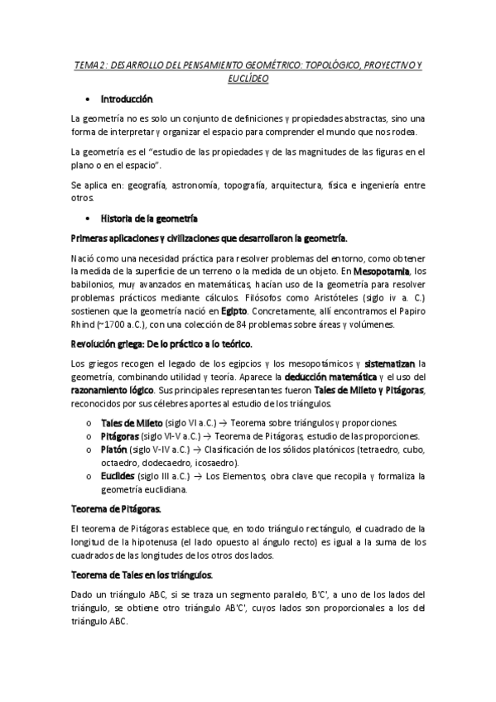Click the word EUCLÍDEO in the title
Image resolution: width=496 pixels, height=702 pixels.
tap(248, 79)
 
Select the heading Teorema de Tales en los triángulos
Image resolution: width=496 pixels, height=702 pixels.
tap(141, 575)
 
